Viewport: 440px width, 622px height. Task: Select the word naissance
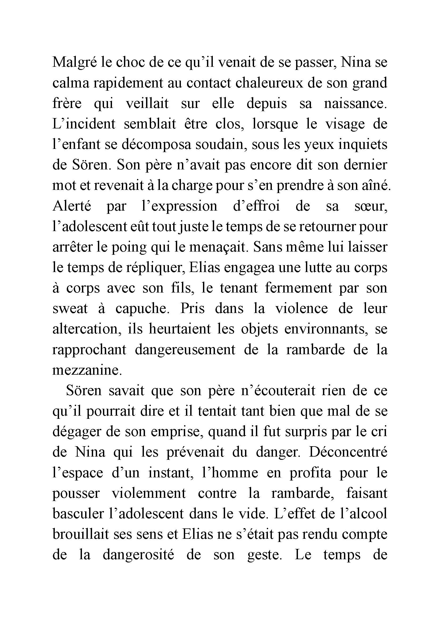[355, 104]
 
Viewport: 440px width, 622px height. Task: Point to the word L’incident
[84, 124]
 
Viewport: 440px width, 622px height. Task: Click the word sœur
[371, 206]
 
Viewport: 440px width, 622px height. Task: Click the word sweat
[70, 309]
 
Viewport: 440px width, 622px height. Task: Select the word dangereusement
[185, 350]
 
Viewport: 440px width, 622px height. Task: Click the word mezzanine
[87, 371]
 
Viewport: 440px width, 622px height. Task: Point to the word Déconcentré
[348, 453]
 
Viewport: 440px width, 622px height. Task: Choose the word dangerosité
[138, 555]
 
